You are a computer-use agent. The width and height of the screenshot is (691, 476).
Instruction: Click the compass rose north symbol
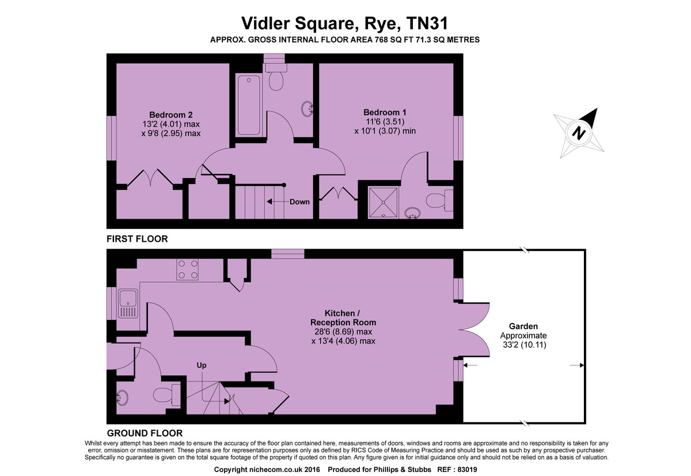click(579, 134)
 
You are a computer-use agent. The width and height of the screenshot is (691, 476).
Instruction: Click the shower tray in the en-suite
click(382, 202)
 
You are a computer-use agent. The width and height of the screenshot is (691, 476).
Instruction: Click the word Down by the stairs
click(299, 202)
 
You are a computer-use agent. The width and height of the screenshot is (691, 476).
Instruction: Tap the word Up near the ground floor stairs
click(202, 365)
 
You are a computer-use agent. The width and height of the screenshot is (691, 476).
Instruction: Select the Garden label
click(523, 326)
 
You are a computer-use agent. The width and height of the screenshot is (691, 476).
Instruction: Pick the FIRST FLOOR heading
click(137, 238)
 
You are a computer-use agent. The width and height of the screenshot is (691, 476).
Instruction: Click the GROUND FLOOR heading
click(145, 433)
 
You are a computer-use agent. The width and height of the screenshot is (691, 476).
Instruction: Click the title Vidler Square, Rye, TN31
click(344, 23)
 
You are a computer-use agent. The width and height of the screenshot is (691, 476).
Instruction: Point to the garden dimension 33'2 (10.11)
click(523, 345)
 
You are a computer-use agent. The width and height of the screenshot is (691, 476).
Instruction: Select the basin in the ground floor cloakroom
click(123, 397)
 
